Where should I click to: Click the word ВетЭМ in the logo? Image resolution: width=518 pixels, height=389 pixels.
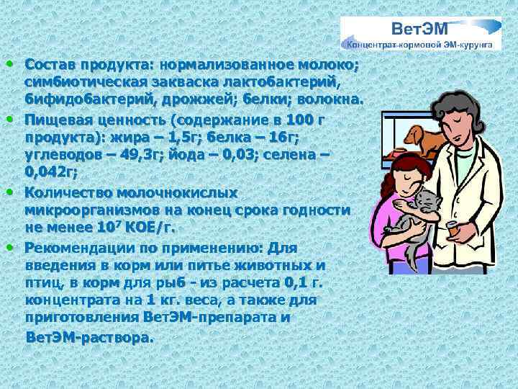[419, 30]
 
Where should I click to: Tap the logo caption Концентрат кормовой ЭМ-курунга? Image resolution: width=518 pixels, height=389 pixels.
[421, 45]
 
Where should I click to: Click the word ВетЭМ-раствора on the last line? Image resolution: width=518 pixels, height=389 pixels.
[89, 337]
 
